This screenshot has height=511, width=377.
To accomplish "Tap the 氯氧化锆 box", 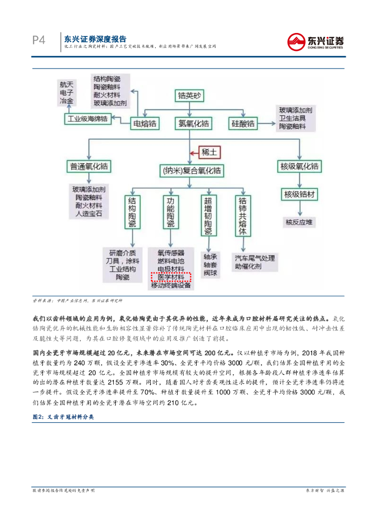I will pyautogui.click(x=191, y=123).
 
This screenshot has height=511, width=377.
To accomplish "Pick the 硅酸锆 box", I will pyautogui.click(x=243, y=123).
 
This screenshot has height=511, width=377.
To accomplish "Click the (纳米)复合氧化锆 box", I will pyautogui.click(x=191, y=171).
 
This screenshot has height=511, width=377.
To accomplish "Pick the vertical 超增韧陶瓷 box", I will pyautogui.click(x=208, y=215).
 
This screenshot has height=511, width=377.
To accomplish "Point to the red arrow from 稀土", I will pyautogui.click(x=194, y=152).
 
